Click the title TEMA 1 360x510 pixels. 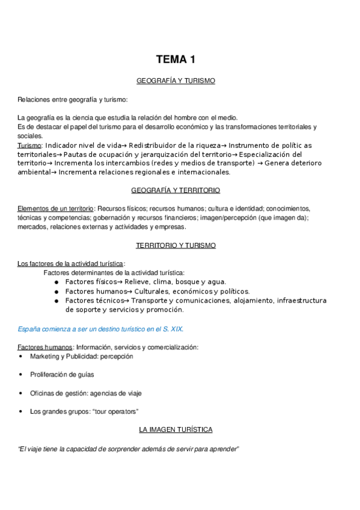point(175,59)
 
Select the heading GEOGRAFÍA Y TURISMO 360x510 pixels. point(175,80)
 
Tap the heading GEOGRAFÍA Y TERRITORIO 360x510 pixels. point(175,190)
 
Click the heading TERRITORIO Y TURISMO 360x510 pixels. point(175,245)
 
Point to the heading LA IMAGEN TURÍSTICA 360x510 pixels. point(175,429)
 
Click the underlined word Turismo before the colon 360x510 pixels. point(29,146)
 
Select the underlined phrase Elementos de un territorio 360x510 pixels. point(55,208)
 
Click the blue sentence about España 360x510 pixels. point(100,329)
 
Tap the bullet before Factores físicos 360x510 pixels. point(56,282)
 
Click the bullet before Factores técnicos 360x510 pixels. point(56,301)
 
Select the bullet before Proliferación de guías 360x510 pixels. point(21,375)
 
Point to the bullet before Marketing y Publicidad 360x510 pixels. point(21,357)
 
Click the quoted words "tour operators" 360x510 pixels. point(118,411)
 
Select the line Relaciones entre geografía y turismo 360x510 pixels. point(73,99)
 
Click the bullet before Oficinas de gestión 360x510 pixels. point(21,393)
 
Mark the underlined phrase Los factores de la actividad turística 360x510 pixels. point(70,263)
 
